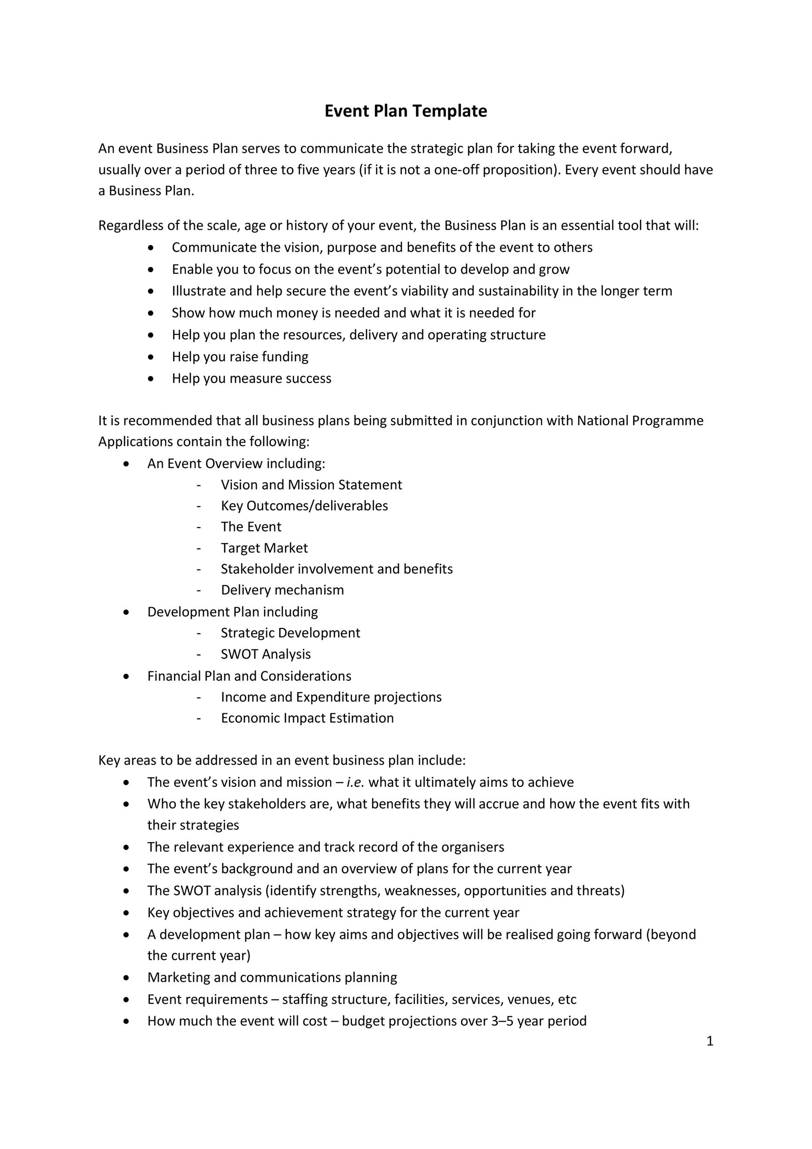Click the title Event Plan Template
click(405, 111)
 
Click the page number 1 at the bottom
click(710, 1041)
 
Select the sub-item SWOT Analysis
click(266, 654)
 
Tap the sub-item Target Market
click(264, 548)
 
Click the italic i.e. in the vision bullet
click(355, 782)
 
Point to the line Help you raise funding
click(240, 357)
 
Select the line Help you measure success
click(251, 378)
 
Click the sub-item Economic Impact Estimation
click(307, 718)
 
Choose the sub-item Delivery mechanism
click(282, 590)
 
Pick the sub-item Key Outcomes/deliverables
click(304, 506)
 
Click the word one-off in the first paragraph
click(456, 170)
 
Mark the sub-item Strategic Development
click(290, 633)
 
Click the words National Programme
click(640, 421)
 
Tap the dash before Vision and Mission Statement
click(199, 485)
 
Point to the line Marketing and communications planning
click(272, 978)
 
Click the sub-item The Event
click(251, 527)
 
